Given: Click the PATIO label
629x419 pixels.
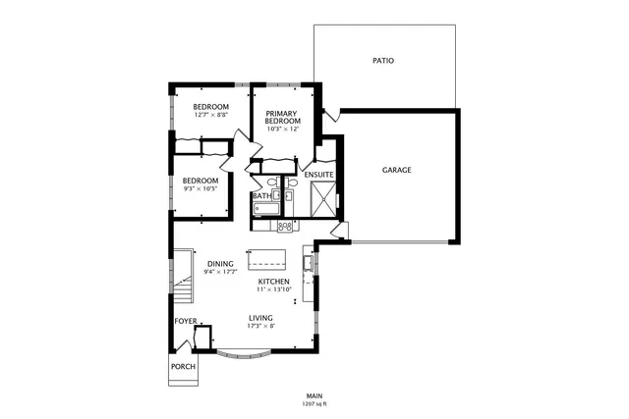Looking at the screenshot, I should coord(383,61).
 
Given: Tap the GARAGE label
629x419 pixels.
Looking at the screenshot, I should coord(396,170).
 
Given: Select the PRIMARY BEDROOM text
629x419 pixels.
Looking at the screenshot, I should coord(282,117).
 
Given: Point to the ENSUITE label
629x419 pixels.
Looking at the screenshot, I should coord(318,175).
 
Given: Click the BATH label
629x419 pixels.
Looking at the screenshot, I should coord(261,196).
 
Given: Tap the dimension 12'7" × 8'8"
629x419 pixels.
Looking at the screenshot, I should coord(210,115).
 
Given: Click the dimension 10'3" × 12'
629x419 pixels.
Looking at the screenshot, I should coord(282,131).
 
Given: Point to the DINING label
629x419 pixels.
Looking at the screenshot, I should coord(220,263).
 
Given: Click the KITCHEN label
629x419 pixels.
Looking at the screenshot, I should coord(273,282).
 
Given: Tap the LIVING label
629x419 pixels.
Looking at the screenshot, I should coord(260,318).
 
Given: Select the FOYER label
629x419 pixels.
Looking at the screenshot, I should coord(186,321).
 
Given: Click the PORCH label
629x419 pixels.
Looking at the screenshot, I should coord(183,367).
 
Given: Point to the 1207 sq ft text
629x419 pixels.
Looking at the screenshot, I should coord(314,403).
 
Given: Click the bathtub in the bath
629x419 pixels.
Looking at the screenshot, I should coord(263,208).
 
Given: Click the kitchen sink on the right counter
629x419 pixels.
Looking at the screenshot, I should coord(308,263).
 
